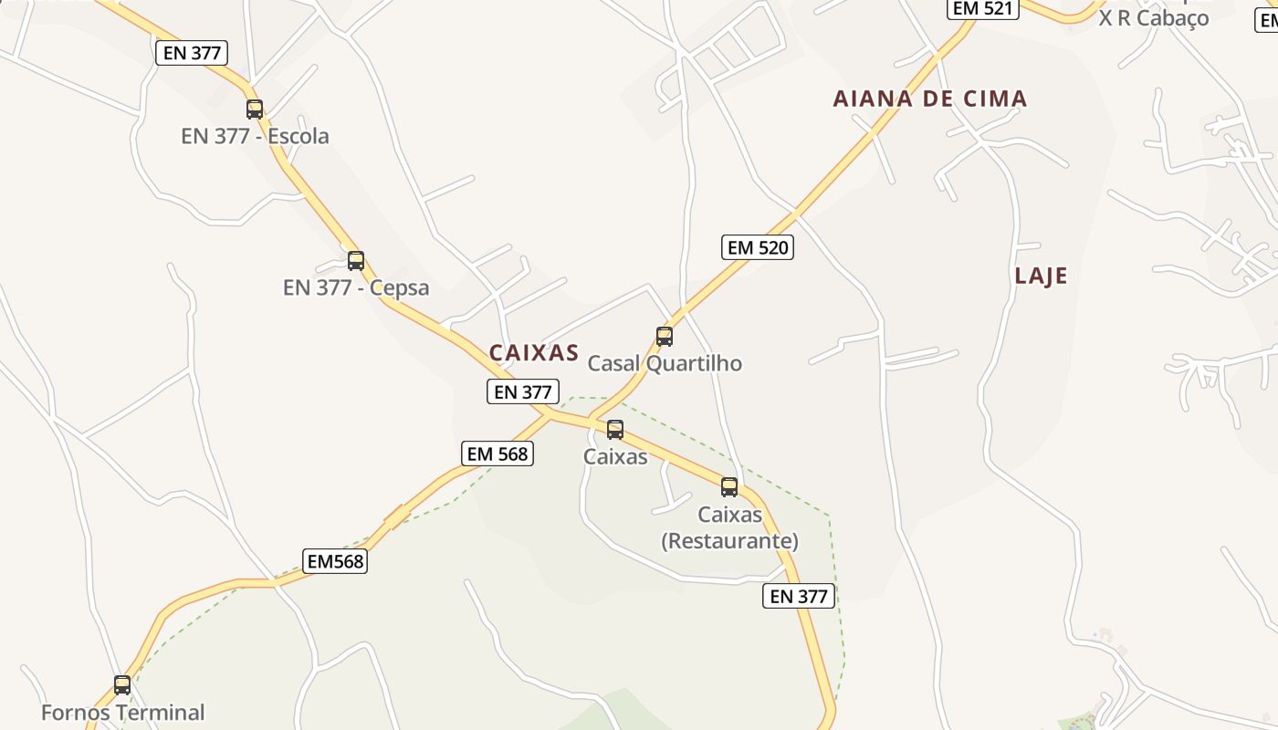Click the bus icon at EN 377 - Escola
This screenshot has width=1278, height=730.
coord(255,109)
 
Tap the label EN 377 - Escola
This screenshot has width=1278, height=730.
coord(255,137)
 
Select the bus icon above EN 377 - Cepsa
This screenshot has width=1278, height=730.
coord(356,260)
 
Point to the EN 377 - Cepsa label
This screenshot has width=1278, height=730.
coord(356,288)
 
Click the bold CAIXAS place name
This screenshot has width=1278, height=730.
coord(534,353)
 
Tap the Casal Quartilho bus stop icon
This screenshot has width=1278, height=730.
coord(665,336)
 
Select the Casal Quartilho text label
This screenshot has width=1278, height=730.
coord(665,363)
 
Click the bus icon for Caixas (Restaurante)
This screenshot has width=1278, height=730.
coord(729,487)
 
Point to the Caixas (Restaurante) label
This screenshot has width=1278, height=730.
coord(729,527)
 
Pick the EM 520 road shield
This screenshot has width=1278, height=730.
coord(757,247)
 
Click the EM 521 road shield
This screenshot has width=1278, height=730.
coord(981,8)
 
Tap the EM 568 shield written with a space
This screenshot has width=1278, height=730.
coord(498,454)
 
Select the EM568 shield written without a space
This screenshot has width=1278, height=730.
coord(336,561)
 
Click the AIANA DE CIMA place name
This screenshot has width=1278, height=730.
coord(930,99)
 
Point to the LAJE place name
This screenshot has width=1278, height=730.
coord(1041,276)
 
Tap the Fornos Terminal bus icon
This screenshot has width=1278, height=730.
coord(122,684)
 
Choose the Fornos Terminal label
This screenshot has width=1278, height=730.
coord(123,712)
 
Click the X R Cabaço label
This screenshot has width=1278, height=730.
coord(1154,17)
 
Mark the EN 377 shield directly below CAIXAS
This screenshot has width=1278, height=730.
coord(522,392)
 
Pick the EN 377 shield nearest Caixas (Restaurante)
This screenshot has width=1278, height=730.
coord(799,597)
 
